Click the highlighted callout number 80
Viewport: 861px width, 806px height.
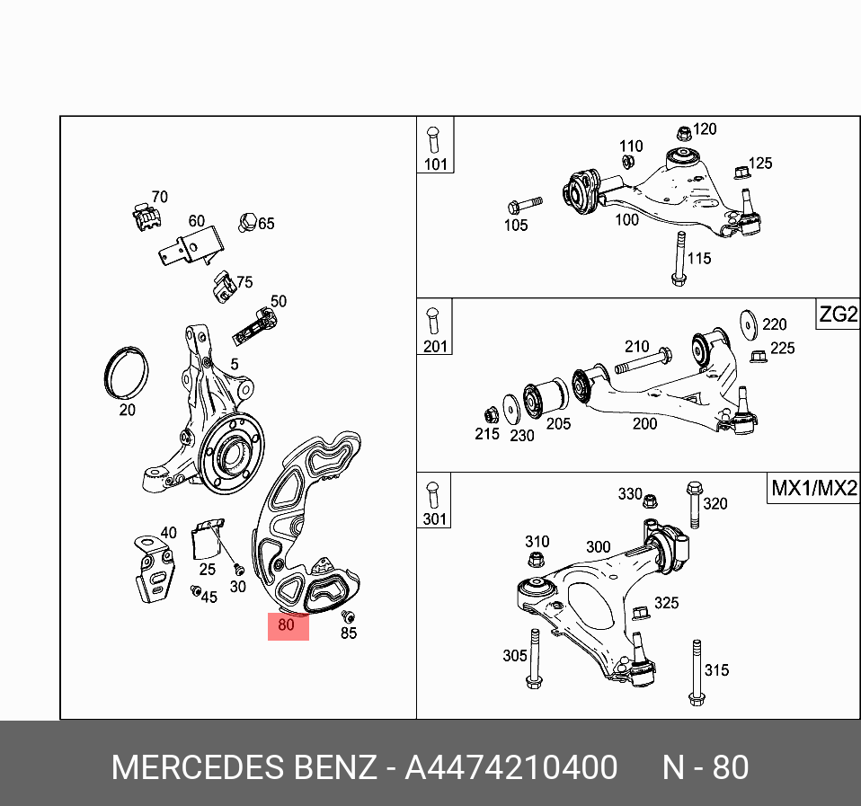pos(288,624)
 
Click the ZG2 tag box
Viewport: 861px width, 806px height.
pos(838,315)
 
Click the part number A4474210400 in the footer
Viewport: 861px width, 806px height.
pos(510,768)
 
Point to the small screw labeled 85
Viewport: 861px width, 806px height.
pos(349,616)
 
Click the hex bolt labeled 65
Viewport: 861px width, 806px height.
pos(248,220)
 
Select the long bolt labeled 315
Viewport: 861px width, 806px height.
pos(695,670)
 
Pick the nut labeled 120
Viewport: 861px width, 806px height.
pos(682,133)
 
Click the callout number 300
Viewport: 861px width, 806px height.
pos(598,547)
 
